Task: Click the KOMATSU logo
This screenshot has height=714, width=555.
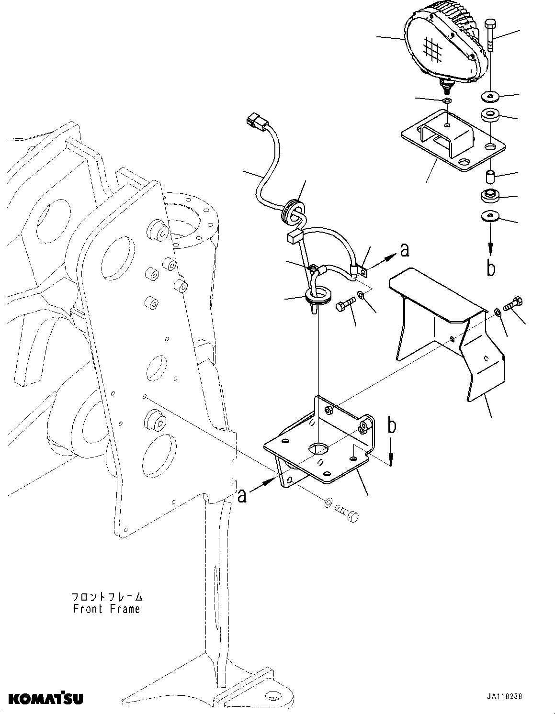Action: [45, 699]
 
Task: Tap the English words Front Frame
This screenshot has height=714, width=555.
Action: [106, 609]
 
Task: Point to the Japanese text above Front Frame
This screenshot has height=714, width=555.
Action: [107, 597]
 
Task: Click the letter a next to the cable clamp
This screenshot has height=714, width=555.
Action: [404, 250]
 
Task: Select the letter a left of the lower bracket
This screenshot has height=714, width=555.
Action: [243, 497]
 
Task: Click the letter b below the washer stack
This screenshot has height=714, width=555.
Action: [491, 269]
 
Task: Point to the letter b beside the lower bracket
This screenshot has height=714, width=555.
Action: [392, 426]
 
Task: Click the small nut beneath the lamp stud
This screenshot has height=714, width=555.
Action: [446, 101]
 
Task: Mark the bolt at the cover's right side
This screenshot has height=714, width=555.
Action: [514, 304]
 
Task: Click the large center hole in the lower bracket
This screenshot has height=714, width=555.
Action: [318, 448]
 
